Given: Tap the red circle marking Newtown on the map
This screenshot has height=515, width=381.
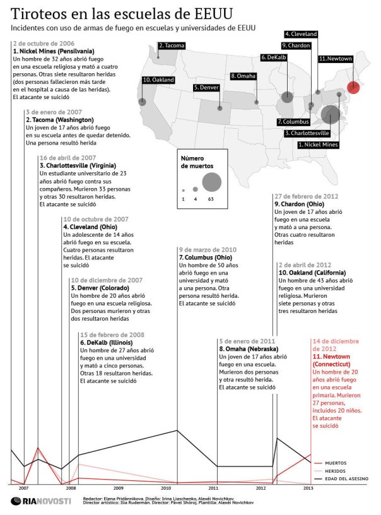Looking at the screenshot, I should click(354, 87).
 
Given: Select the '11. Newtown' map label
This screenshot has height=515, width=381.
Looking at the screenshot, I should click(336, 59).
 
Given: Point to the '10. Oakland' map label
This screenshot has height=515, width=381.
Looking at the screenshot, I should click(158, 80).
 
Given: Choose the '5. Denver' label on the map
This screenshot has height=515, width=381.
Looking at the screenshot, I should click(206, 88).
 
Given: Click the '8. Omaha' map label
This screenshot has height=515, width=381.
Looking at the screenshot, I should click(243, 76).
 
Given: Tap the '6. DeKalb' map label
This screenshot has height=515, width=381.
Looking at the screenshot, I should click(274, 57).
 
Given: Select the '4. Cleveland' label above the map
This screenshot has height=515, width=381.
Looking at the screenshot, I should click(300, 34).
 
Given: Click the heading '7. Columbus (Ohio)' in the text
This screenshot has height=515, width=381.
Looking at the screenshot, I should click(206, 257).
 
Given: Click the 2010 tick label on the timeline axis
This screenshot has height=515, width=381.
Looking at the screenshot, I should click(166, 488).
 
